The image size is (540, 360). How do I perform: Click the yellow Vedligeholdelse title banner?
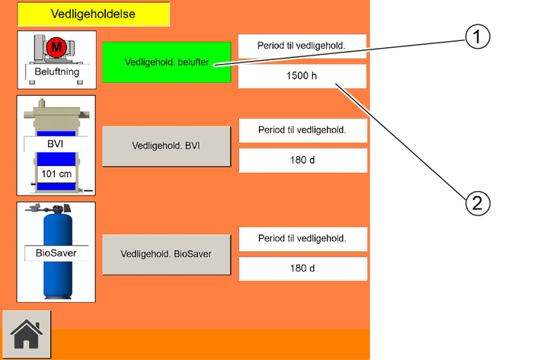point(94,14)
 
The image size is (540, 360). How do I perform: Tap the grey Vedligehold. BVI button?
point(166,146)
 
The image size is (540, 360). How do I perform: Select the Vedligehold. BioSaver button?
point(166,254)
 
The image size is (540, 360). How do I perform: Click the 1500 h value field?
point(302,75)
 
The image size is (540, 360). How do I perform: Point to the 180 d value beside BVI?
point(302,160)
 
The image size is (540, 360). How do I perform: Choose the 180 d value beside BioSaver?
point(302,269)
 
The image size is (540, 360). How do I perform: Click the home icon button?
point(27,334)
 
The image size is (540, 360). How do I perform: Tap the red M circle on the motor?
point(56,46)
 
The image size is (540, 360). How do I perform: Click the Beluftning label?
point(57,72)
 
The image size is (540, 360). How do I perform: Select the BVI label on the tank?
point(55,144)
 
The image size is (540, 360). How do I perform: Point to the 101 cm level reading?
point(56,174)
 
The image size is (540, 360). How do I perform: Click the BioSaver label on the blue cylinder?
point(56,253)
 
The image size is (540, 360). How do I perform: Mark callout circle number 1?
point(478,37)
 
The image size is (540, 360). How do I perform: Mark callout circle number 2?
point(478,203)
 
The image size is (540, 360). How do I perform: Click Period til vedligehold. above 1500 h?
point(302,46)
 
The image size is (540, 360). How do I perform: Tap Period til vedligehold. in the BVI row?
point(302,130)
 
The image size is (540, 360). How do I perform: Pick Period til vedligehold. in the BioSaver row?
point(302,238)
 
